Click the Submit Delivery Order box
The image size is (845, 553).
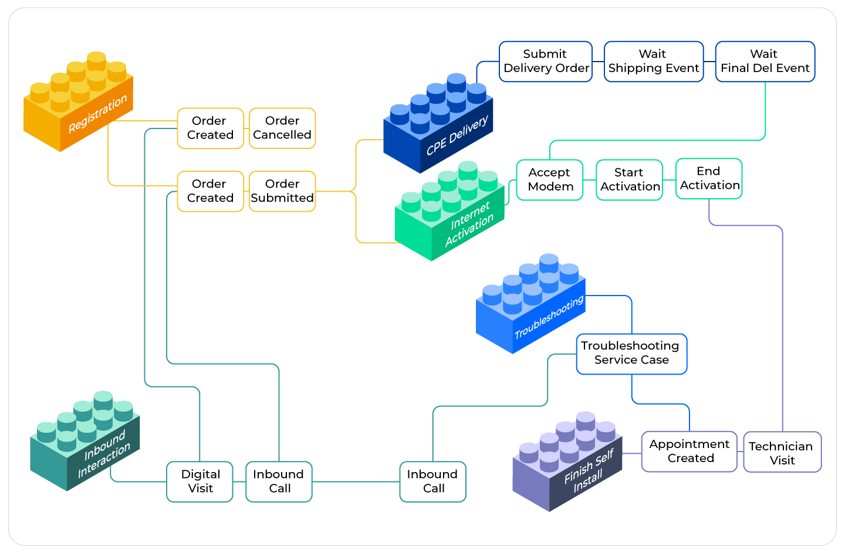(x=546, y=62)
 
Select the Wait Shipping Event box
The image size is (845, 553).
(x=654, y=62)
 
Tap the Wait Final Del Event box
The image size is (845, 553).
(x=765, y=62)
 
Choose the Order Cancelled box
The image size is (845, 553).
(x=282, y=128)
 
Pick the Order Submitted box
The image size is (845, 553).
(x=282, y=191)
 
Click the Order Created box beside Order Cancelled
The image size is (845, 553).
(x=210, y=128)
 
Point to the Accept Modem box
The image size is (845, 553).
(x=550, y=180)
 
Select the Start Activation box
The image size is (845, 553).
(x=630, y=180)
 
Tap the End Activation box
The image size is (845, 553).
(x=709, y=179)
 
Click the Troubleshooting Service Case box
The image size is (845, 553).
(x=631, y=354)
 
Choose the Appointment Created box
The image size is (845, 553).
(x=689, y=452)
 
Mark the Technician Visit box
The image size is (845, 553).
(x=782, y=452)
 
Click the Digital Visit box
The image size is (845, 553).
(x=200, y=481)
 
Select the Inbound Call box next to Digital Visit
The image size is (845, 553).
(x=279, y=481)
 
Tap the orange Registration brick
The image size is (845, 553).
(x=78, y=106)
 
